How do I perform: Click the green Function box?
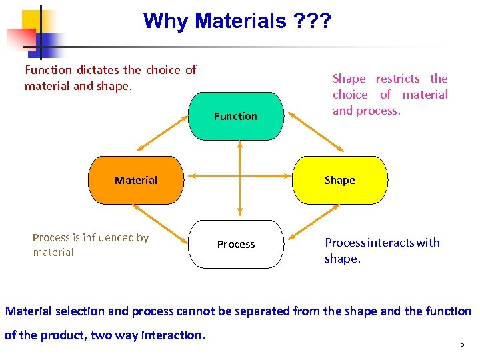point(236,116)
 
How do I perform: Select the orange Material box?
point(136,180)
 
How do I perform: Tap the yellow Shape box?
point(339,180)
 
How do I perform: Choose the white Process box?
point(236,244)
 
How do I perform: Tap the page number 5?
point(461,344)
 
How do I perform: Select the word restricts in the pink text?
point(397,79)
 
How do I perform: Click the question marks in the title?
point(311,21)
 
